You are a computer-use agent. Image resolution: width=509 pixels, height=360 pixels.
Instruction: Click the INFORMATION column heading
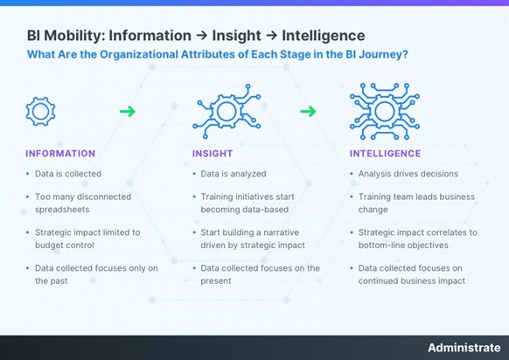point(60,154)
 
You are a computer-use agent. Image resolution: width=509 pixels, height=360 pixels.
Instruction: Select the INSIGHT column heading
point(213,154)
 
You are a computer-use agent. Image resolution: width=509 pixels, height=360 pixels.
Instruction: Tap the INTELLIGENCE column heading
point(385,154)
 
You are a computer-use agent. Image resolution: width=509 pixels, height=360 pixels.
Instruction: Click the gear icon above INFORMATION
point(41,111)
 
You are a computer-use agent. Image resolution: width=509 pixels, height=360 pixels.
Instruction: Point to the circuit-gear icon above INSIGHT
point(226,111)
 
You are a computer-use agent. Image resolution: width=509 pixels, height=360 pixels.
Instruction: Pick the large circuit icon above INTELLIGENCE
point(385,109)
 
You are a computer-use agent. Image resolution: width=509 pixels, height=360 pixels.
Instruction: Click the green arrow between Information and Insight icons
point(128,111)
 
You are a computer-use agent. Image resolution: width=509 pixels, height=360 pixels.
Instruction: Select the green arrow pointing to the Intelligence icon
point(308,111)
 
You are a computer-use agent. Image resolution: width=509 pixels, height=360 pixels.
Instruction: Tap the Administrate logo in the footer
point(463,348)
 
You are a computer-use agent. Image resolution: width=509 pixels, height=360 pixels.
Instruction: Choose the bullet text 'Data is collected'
point(68,174)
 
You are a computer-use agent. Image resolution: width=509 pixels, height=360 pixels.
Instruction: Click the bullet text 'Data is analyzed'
point(233,174)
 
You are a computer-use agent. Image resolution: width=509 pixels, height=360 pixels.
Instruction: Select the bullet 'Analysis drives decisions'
point(408,174)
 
